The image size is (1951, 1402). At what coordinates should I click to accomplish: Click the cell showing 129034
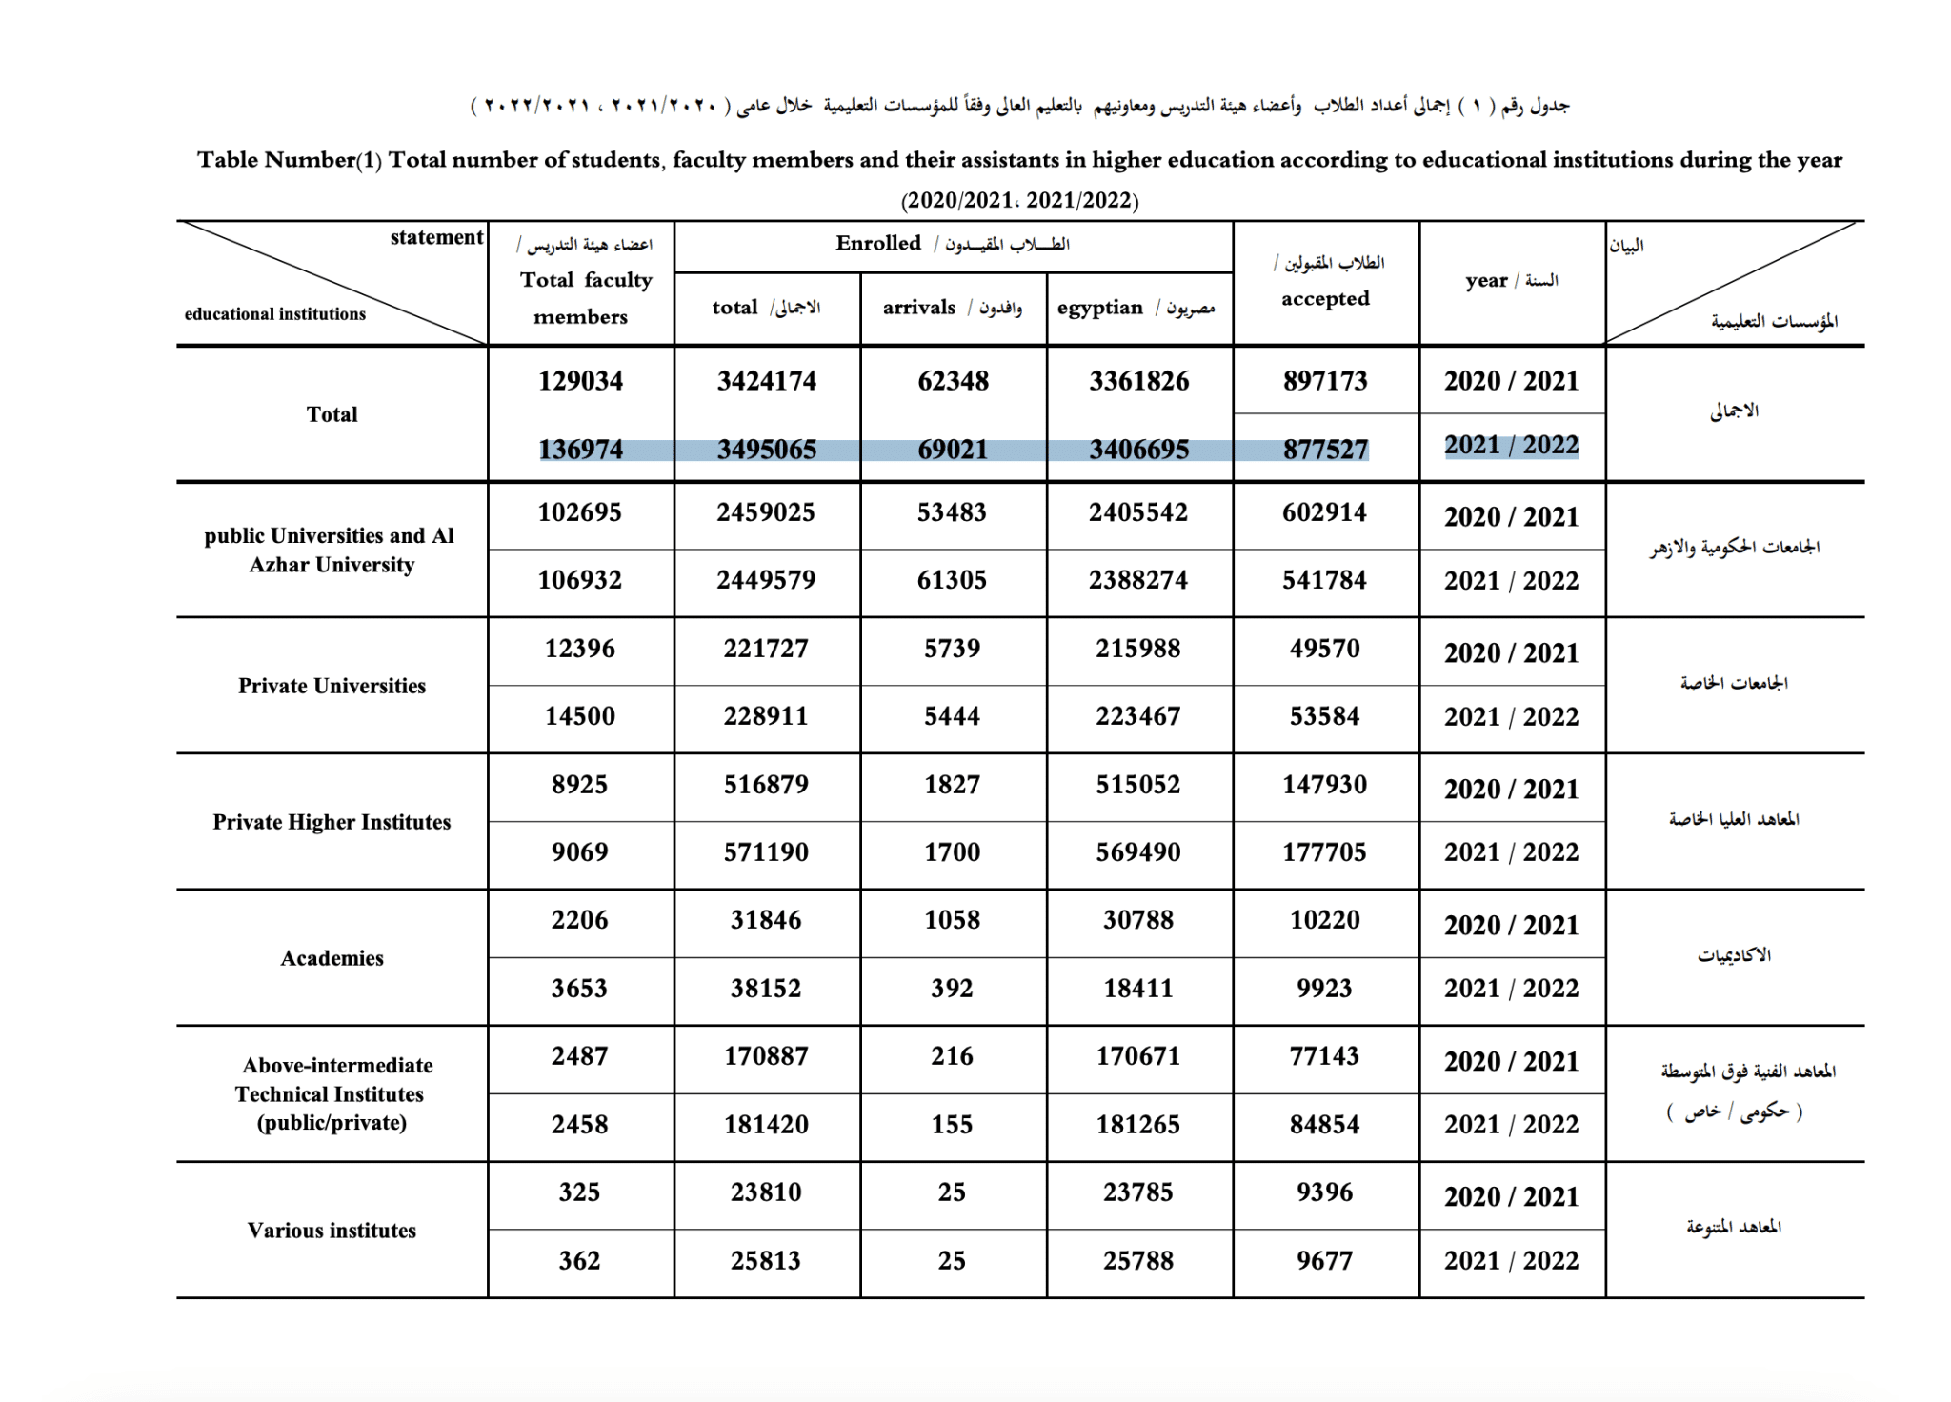[x=580, y=381]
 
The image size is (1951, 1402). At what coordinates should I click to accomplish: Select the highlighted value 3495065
[x=767, y=449]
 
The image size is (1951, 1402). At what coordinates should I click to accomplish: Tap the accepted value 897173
[x=1325, y=381]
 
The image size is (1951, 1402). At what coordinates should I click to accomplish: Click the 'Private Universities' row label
[x=332, y=686]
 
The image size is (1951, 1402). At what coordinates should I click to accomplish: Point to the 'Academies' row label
[x=332, y=958]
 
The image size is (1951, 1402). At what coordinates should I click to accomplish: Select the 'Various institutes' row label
[x=332, y=1231]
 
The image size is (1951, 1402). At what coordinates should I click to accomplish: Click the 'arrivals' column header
[x=919, y=308]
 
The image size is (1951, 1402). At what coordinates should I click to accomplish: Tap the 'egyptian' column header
[x=1100, y=308]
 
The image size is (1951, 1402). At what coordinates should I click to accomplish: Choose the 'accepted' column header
[x=1325, y=299]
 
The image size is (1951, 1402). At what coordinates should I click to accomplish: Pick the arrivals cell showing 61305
[x=952, y=580]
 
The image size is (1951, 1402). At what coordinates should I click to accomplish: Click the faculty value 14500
[x=580, y=716]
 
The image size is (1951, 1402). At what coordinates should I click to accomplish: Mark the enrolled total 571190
[x=766, y=852]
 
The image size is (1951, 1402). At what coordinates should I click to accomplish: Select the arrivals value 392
[x=952, y=989]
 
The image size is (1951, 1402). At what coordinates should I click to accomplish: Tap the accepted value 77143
[x=1325, y=1056]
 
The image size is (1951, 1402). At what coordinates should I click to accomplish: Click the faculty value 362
[x=579, y=1261]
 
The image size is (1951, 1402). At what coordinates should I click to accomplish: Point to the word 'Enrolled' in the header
[x=878, y=244]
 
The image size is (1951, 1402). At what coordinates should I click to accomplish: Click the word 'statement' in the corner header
[x=436, y=237]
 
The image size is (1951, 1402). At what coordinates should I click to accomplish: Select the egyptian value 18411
[x=1138, y=989]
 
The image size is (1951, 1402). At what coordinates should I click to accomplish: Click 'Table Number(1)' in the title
[x=289, y=160]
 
